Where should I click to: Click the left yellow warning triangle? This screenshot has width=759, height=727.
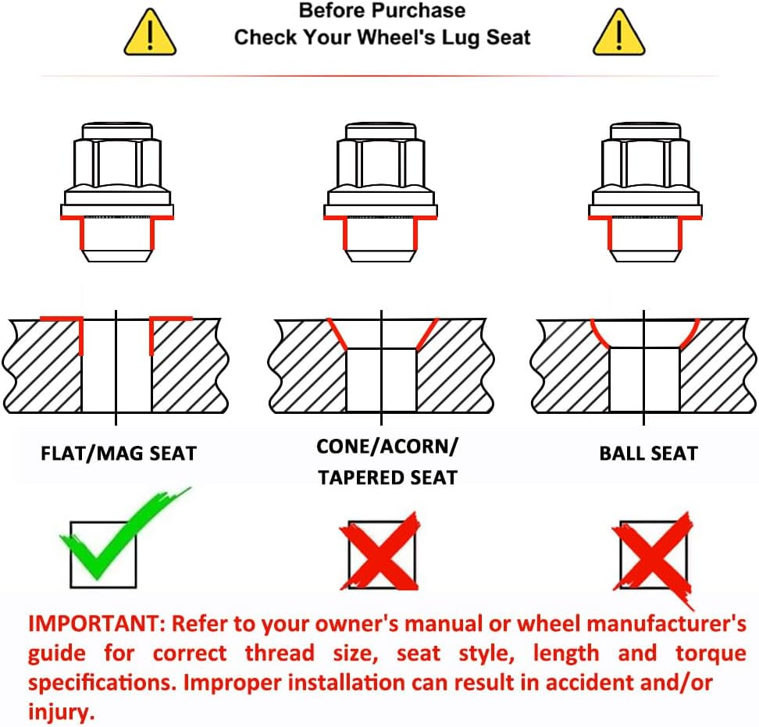click(x=150, y=33)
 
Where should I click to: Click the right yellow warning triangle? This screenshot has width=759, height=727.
click(x=619, y=33)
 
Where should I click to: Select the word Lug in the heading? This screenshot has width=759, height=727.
click(x=461, y=38)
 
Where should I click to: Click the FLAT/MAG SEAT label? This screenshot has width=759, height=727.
click(x=119, y=454)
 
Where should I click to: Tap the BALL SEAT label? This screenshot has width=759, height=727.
click(x=649, y=454)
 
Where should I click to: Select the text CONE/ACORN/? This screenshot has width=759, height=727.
click(x=387, y=446)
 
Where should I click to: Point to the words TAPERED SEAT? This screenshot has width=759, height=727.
click(x=388, y=478)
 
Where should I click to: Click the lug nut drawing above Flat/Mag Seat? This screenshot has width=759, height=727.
click(x=117, y=192)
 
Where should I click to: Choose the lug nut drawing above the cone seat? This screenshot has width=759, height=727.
click(x=380, y=192)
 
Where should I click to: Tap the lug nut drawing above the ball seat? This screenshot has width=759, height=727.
click(x=645, y=192)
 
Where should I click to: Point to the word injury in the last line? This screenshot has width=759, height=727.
click(x=61, y=712)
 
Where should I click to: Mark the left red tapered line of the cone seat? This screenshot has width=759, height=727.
click(x=337, y=334)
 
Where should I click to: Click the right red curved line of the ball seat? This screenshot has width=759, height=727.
click(x=690, y=333)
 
